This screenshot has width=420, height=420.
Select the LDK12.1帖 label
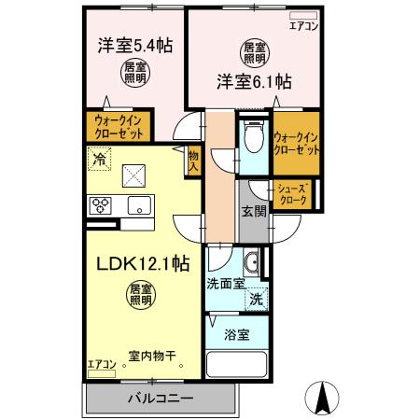point(140,263)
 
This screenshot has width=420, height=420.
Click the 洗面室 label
point(227,282)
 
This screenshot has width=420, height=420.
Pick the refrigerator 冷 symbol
point(98,160)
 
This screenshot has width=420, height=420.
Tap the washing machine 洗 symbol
point(255,301)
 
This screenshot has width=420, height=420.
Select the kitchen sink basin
point(140,205)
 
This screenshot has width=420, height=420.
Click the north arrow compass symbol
point(324,399)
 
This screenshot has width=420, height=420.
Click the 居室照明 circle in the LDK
point(141,295)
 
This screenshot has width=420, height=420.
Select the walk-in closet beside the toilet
point(294,144)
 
